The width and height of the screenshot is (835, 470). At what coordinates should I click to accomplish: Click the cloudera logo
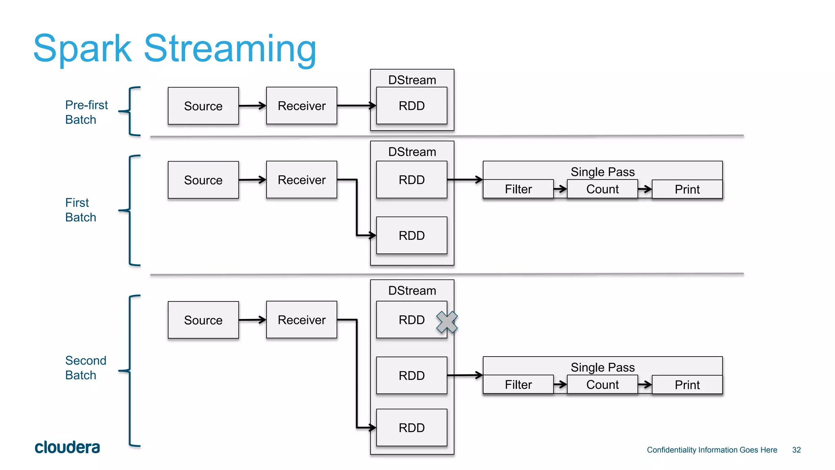coord(67,448)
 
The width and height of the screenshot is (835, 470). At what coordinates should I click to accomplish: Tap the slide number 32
coord(796,450)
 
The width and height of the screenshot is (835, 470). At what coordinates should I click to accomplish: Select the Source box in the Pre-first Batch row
coord(203,106)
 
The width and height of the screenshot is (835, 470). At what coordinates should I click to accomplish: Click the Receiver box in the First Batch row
coord(301,180)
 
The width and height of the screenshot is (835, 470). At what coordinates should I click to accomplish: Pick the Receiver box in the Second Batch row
coord(301,320)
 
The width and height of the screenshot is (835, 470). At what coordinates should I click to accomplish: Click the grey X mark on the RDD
coord(447,322)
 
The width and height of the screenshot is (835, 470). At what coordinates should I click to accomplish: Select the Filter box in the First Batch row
coord(518,189)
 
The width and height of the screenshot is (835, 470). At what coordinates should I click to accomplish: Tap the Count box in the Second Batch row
coord(602,385)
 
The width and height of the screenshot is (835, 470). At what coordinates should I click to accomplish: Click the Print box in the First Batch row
coord(687,189)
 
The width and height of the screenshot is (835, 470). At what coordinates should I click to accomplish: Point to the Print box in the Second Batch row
coord(687,385)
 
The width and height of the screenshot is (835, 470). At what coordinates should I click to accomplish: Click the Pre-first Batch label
coord(86,112)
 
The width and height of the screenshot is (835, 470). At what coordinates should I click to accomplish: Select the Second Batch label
coord(85,368)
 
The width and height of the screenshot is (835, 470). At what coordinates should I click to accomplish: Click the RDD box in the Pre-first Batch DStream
coord(411,106)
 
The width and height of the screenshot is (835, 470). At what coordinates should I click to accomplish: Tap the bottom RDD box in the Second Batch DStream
coord(411,428)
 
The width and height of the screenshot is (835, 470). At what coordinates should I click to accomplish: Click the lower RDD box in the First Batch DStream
coord(411,235)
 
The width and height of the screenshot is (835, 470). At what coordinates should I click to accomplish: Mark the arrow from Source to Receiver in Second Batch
coord(252,320)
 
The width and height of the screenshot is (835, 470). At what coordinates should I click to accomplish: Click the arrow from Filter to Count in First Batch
coord(560,189)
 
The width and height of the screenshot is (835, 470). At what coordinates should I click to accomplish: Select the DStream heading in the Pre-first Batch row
coord(412,80)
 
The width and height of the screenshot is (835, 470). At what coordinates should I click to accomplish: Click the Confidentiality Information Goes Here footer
coord(712,450)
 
